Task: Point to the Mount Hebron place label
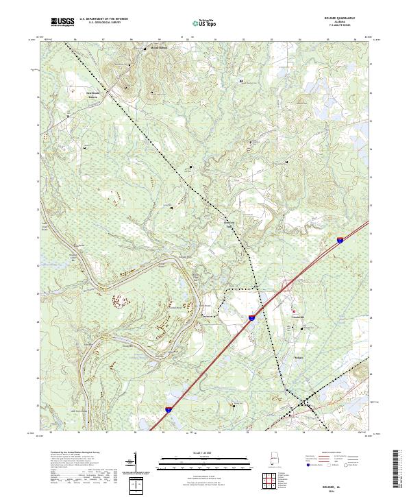[158, 48]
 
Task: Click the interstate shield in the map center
[251, 318]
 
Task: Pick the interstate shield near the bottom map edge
[168, 409]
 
